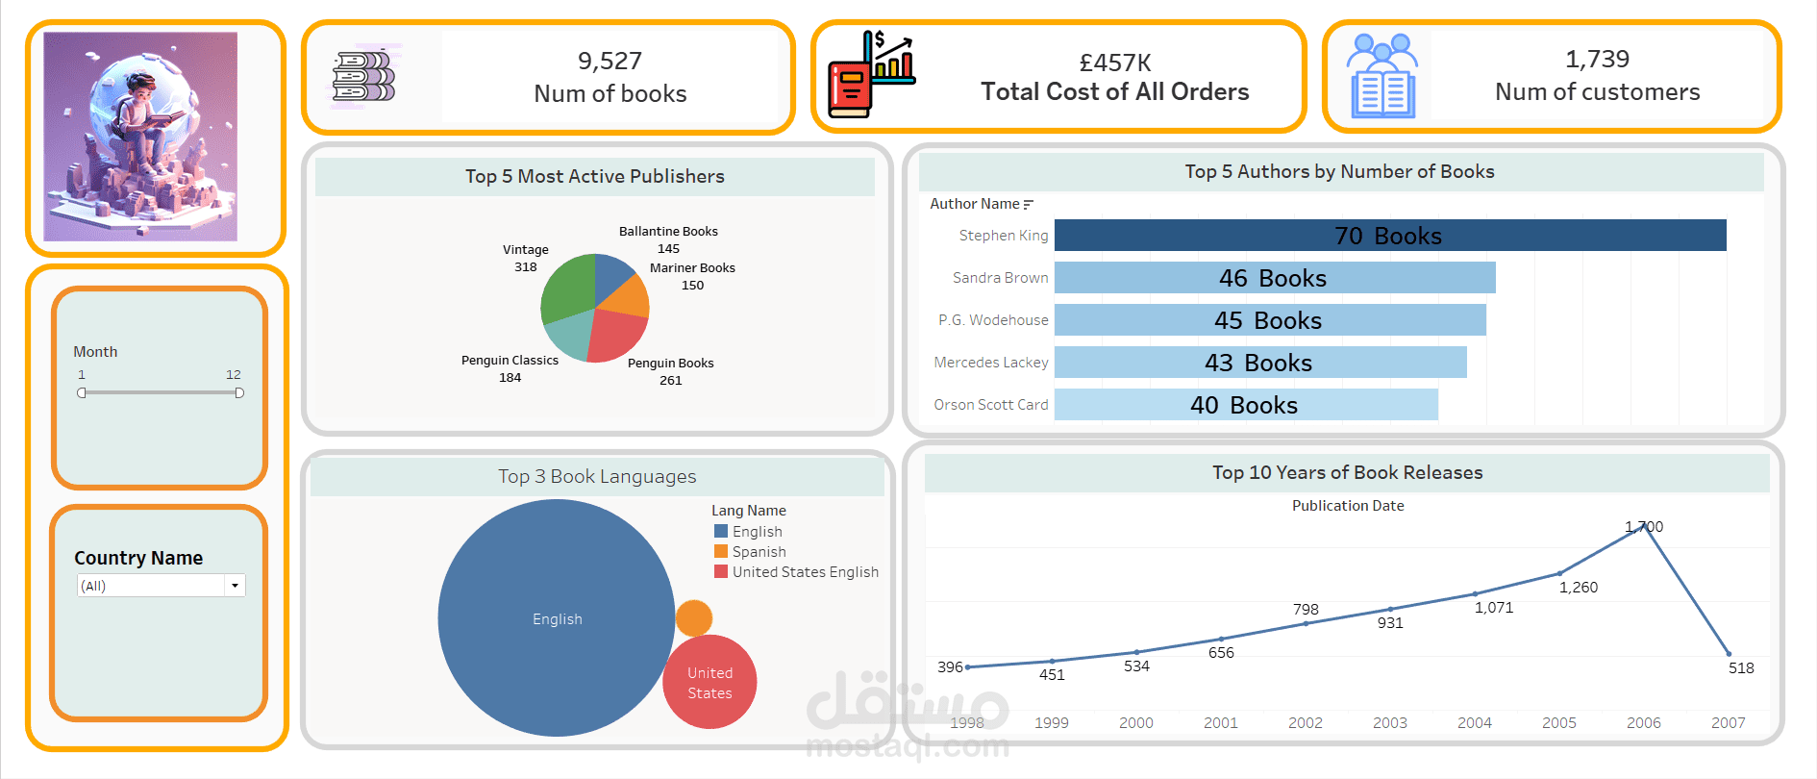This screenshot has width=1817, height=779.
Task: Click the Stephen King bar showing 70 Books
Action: coord(1390,236)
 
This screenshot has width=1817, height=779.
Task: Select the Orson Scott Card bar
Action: coord(1246,405)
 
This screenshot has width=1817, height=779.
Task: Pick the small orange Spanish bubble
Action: coord(694,618)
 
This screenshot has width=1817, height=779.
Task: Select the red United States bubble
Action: coord(709,682)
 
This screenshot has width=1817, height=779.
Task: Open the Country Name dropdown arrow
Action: coord(236,586)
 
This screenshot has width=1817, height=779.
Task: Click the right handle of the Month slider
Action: coord(239,392)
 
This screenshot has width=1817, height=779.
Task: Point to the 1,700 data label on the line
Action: coord(1644,527)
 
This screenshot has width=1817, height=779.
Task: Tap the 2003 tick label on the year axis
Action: coord(1390,723)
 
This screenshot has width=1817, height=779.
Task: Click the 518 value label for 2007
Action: coord(1741,668)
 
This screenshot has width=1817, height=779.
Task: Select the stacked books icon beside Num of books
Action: coord(364,76)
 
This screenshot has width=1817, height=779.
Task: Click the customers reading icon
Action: coord(1382,76)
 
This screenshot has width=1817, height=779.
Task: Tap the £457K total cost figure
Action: coord(1115,63)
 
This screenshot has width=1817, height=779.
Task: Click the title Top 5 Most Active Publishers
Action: coord(595,176)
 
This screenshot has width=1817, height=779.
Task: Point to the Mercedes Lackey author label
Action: coord(991,363)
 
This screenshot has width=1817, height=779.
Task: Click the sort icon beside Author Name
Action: coord(1029,204)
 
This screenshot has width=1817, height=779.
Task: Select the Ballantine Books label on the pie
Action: coord(668,232)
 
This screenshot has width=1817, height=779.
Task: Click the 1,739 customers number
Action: coord(1598,60)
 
